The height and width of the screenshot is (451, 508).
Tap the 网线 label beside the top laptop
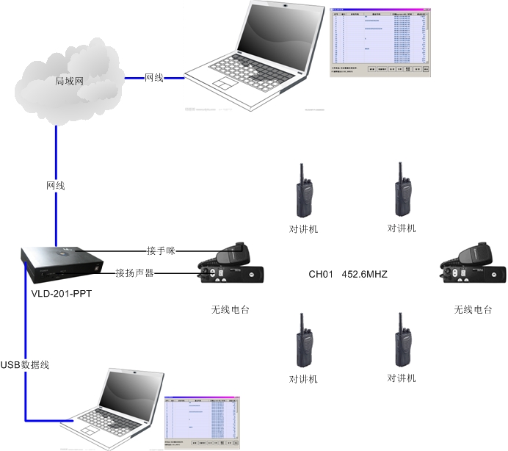153,77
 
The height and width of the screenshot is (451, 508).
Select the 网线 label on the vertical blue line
56,186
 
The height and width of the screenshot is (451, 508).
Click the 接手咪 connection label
161,250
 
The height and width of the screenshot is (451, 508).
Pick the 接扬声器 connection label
134,273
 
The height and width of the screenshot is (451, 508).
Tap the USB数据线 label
25,365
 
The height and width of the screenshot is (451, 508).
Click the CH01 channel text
321,275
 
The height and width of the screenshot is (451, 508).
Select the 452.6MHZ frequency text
364,275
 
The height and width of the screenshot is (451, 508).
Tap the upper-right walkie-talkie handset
402,192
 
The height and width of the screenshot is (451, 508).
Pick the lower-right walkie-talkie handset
402,342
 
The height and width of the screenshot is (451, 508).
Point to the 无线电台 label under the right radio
473,310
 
